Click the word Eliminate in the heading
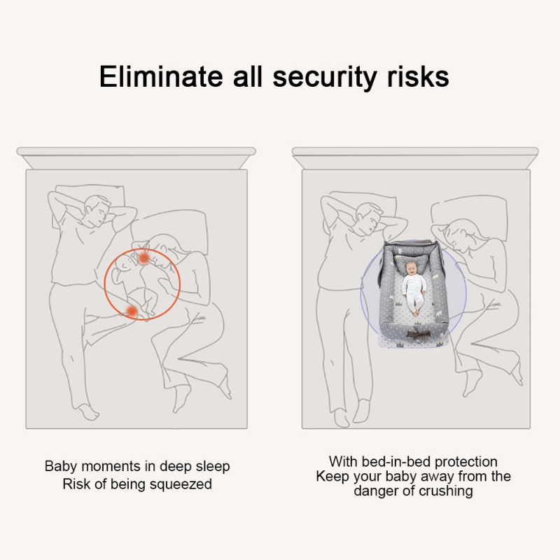pyautogui.click(x=161, y=76)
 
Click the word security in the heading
pyautogui.click(x=325, y=78)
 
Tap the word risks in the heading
pyautogui.click(x=418, y=76)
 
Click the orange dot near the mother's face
pyautogui.click(x=143, y=258)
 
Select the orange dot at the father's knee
pyautogui.click(x=132, y=311)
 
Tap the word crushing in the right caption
pyautogui.click(x=446, y=491)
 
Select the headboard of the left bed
pyautogui.click(x=136, y=158)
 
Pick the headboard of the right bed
pyautogui.click(x=415, y=158)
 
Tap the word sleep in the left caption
pyautogui.click(x=213, y=467)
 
